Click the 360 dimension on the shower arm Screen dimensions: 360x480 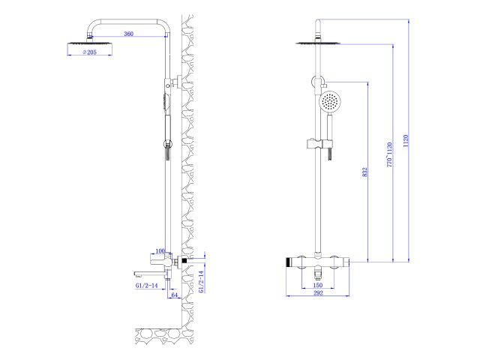tap(128, 34)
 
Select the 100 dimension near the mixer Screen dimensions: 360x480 tap(160, 251)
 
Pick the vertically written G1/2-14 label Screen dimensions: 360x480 tap(202, 282)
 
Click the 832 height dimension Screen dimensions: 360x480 tap(364, 172)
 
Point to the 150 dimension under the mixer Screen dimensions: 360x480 tap(317, 286)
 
